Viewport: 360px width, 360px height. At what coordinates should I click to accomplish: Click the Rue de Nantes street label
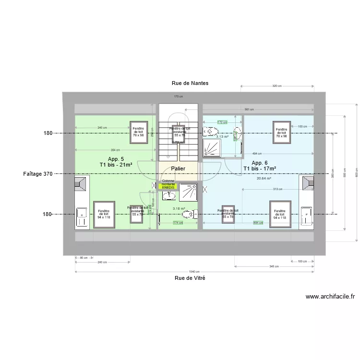(190, 83)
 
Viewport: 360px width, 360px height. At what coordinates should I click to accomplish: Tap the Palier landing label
(178, 168)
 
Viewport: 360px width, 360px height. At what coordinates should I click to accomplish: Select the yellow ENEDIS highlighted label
(168, 187)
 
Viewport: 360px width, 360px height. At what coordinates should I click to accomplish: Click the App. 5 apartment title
(116, 159)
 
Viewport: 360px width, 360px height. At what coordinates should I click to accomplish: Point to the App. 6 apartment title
(259, 163)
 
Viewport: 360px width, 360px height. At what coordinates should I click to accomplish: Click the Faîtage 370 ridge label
(38, 174)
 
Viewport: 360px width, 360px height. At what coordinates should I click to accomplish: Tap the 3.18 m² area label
(179, 208)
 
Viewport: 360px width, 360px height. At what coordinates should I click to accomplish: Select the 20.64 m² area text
(264, 179)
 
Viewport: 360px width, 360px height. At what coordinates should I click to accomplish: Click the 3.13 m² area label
(222, 137)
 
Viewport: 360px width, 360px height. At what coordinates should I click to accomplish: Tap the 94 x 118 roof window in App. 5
(104, 214)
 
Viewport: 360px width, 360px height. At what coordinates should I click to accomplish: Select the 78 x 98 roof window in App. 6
(281, 132)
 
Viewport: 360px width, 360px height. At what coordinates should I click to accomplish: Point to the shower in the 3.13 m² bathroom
(212, 148)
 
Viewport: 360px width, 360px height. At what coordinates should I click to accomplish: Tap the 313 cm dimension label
(277, 189)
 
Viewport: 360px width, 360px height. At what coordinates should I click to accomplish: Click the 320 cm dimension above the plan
(276, 86)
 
